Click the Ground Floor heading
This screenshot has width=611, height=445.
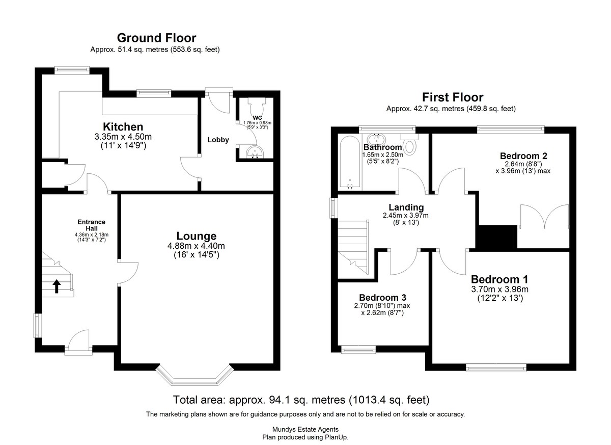point(157,38)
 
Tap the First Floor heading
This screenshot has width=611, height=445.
point(453,97)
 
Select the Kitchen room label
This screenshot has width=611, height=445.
point(123,127)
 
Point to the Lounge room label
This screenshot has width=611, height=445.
point(197,236)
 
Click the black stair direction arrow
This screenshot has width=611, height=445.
point(57,286)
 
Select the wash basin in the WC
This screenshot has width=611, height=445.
point(255,152)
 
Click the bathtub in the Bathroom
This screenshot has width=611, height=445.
point(350,163)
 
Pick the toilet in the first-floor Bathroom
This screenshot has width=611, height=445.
point(409,144)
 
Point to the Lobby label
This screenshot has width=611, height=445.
point(218,140)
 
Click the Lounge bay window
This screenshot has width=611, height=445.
point(195,375)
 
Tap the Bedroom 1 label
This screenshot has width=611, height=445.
point(499,279)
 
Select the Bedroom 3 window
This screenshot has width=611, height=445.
point(358,350)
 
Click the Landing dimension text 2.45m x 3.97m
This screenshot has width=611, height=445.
point(406,216)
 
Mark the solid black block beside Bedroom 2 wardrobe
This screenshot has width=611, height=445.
point(498,237)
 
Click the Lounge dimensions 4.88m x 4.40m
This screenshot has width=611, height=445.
point(196,246)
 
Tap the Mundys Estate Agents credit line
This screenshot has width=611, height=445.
point(305,429)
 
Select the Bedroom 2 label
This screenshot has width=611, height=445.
point(523,156)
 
